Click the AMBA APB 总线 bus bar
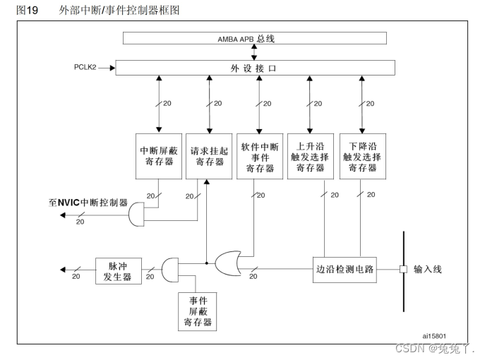[255, 38]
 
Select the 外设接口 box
[255, 68]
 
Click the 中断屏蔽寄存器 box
[158, 155]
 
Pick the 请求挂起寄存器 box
[208, 155]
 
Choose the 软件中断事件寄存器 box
[260, 155]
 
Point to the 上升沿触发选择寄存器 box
[311, 155]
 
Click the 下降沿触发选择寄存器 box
[361, 155]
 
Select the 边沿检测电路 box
[345, 270]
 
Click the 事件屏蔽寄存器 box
[197, 310]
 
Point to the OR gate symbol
[227, 265]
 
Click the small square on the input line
[403, 270]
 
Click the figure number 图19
[27, 10]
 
